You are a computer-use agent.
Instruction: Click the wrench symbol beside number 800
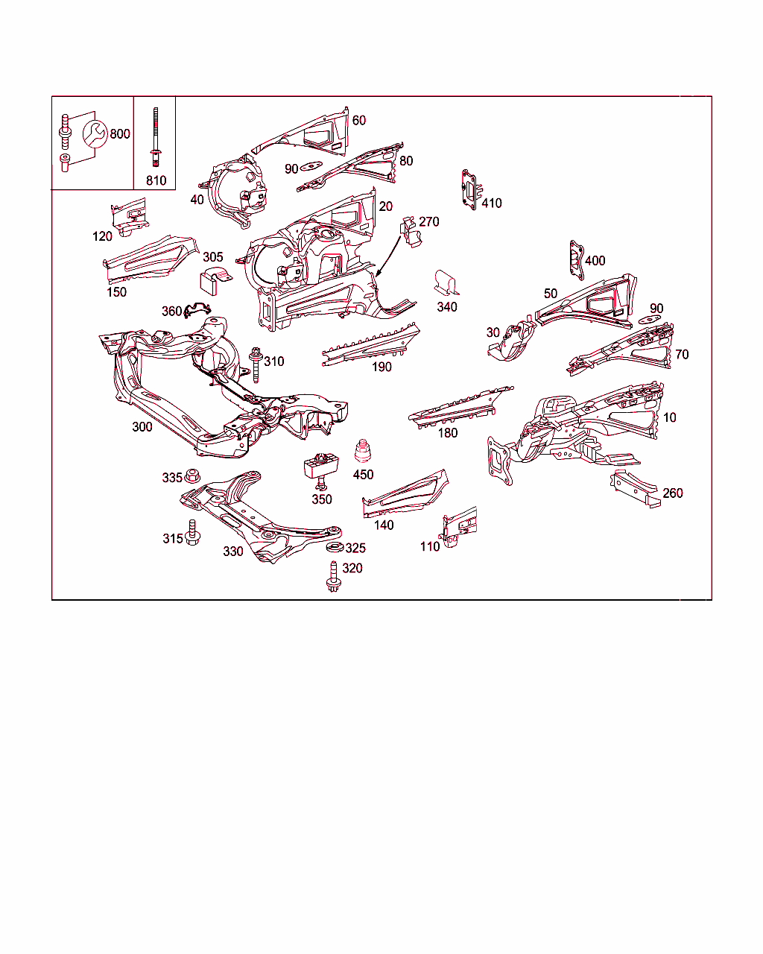95,133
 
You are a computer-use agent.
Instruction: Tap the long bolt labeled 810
155,137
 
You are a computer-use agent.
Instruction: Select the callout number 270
428,221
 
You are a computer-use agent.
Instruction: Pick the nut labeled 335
192,476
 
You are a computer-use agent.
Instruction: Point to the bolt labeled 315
192,532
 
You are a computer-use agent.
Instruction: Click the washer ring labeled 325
335,547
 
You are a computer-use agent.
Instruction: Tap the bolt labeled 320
333,576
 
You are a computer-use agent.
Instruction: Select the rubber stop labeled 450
363,451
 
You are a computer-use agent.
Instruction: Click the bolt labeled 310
256,365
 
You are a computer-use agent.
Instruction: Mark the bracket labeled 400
577,260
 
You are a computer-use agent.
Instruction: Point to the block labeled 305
215,281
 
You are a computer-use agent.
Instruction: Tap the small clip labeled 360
197,310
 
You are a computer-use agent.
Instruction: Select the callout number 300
142,426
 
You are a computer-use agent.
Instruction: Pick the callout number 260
673,493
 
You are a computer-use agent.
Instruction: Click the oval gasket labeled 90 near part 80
311,166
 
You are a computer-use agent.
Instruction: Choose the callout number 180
448,433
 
